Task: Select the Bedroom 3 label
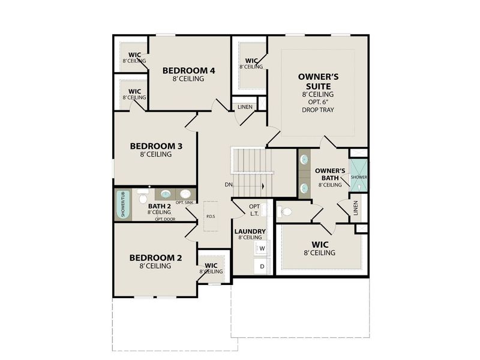[x=156, y=146]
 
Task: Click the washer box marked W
[x=262, y=248]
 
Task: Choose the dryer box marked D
[x=262, y=266]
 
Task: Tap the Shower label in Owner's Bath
[x=359, y=178]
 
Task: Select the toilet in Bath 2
[x=143, y=196]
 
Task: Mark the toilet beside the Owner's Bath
[x=285, y=212]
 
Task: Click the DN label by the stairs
[x=229, y=185]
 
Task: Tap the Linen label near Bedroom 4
[x=245, y=107]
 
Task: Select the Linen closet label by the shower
[x=356, y=209]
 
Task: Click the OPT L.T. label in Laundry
[x=254, y=211]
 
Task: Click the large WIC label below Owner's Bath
[x=320, y=244]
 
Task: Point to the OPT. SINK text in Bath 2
[x=184, y=203]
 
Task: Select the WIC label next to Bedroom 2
[x=211, y=265]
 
